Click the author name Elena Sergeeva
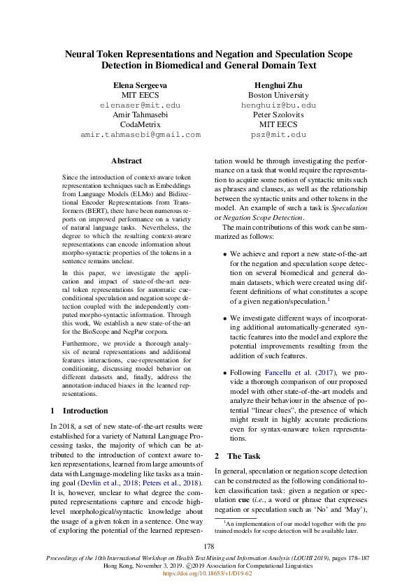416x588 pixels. click(x=140, y=84)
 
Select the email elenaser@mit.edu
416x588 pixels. click(x=140, y=105)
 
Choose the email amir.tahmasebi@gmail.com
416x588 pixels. click(x=140, y=134)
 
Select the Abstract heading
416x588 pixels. click(x=127, y=161)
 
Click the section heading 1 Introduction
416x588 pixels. click(x=80, y=411)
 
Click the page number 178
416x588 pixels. click(x=208, y=546)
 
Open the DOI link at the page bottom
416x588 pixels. click(x=208, y=574)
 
